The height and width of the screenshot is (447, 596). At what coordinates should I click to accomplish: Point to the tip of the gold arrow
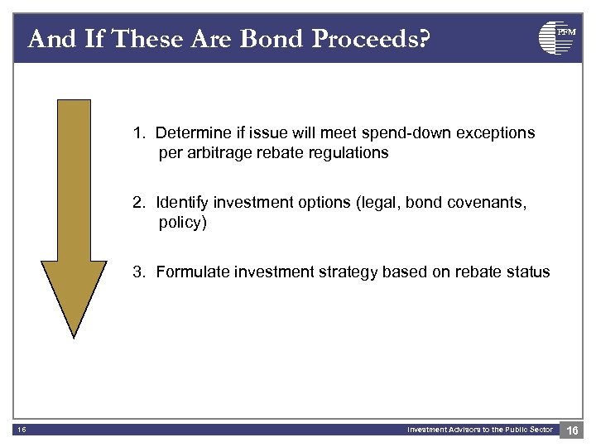coord(74,334)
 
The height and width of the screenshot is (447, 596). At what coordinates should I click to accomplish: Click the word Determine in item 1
coord(191,132)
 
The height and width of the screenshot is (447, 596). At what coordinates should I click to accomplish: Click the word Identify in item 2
coord(181,202)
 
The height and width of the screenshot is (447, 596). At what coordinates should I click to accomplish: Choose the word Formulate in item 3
coord(190,272)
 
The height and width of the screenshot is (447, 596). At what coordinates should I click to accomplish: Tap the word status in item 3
coord(529,272)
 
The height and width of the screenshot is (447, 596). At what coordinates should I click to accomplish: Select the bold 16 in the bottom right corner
coord(573,430)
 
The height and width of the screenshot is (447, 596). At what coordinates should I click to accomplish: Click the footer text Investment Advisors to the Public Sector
coord(479,429)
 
